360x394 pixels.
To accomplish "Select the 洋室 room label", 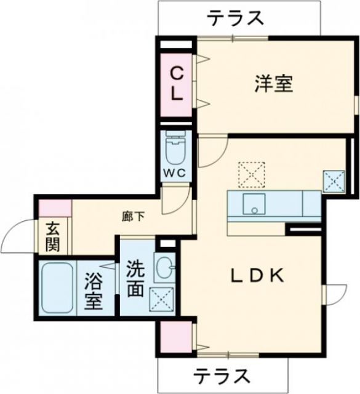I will pyautogui.click(x=273, y=84).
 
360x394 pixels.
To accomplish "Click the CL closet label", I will pyautogui.click(x=177, y=84).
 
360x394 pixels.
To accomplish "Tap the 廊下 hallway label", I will pyautogui.click(x=134, y=216).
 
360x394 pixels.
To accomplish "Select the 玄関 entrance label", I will pyautogui.click(x=52, y=236).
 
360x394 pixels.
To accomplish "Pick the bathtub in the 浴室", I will pyautogui.click(x=57, y=288).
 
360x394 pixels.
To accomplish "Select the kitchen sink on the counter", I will pyautogui.click(x=253, y=203).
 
